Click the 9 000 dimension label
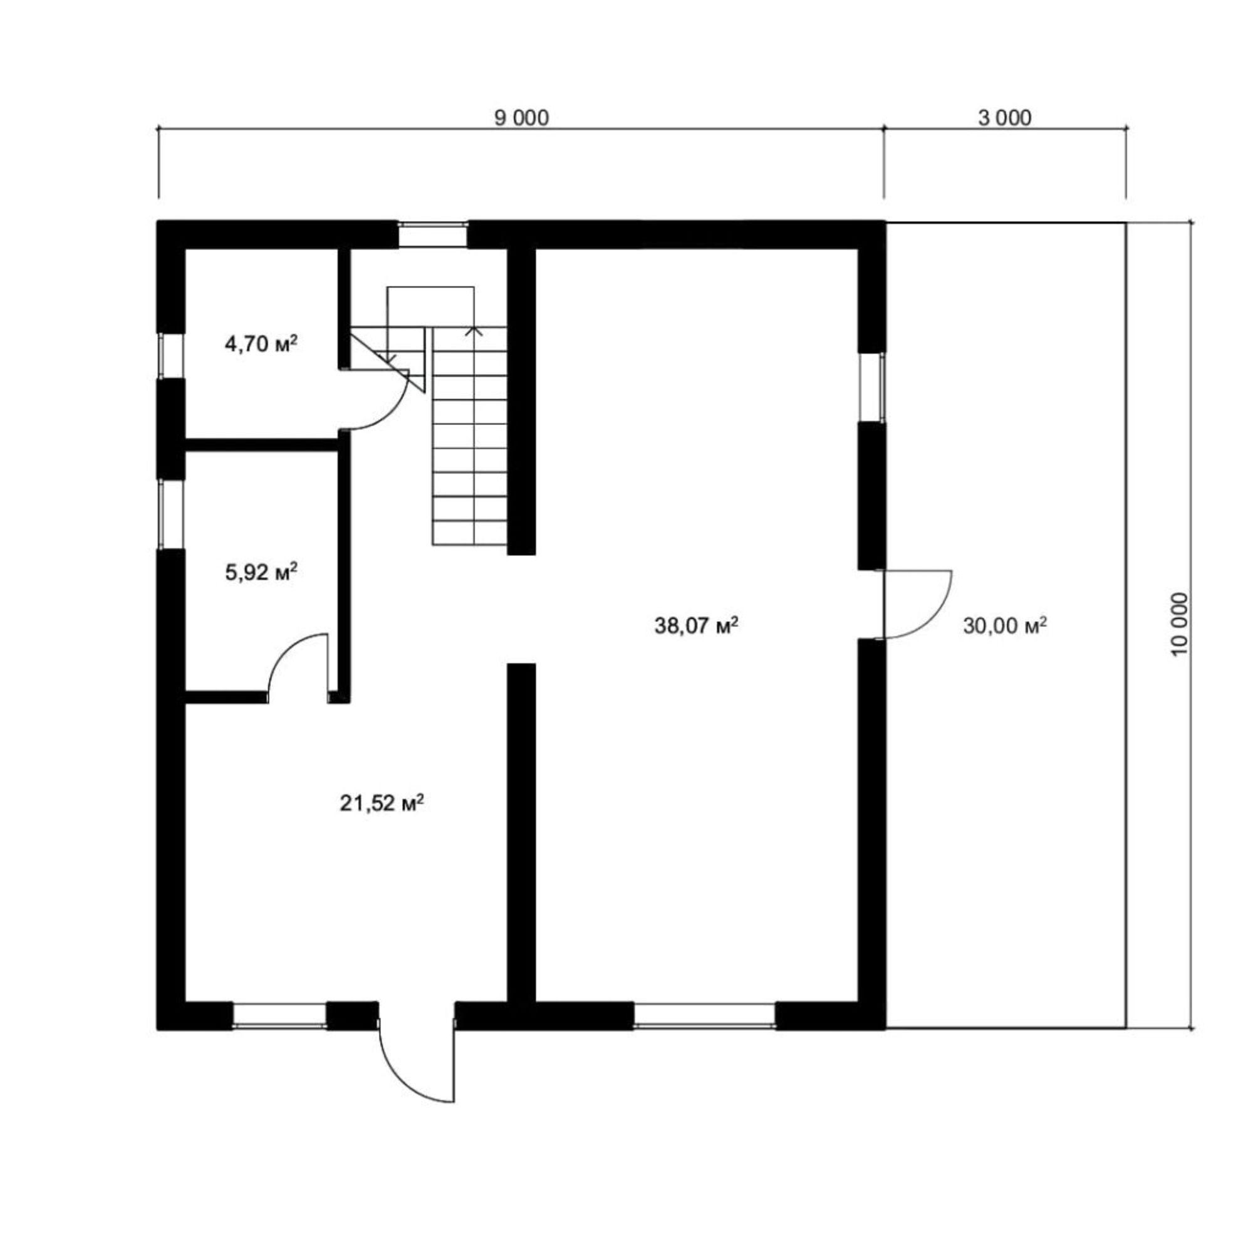521,118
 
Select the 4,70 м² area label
261,344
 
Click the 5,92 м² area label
261,572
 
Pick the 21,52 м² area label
382,803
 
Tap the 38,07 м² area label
697,626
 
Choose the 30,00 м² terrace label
1006,626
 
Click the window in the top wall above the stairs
432,234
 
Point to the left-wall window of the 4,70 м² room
172,355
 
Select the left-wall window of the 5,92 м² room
172,514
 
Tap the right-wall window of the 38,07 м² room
872,387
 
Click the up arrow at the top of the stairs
474,331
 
